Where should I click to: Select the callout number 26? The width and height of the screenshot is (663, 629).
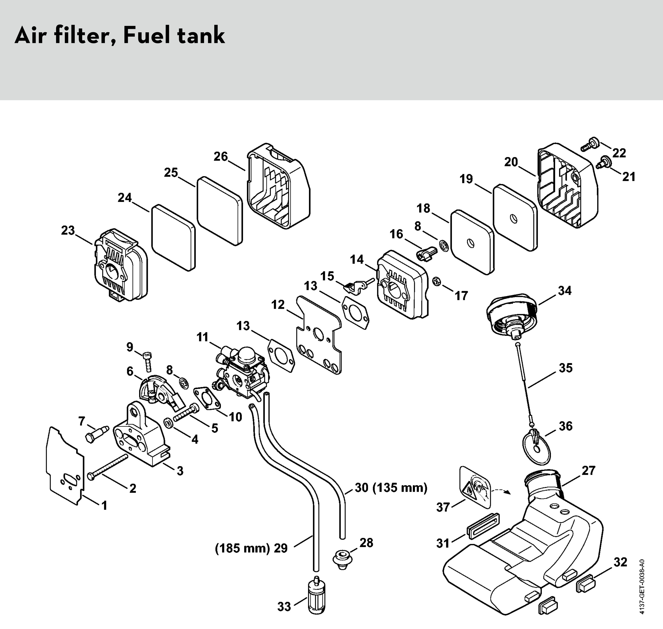(221, 156)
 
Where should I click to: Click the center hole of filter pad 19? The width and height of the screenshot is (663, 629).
(513, 218)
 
